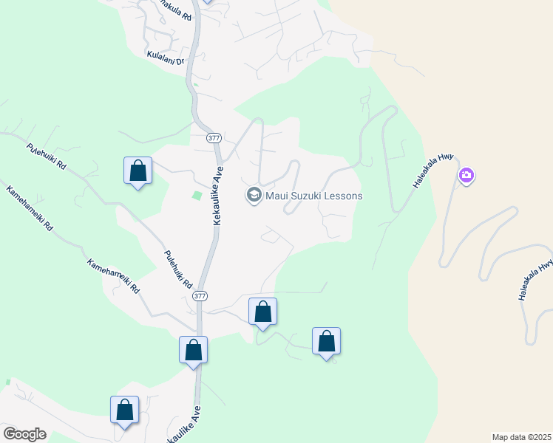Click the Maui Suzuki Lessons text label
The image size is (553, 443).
pyautogui.click(x=313, y=196)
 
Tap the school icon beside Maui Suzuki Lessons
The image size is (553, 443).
pyautogui.click(x=254, y=196)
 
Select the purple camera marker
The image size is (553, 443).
pyautogui.click(x=467, y=176)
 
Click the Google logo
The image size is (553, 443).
pyautogui.click(x=24, y=434)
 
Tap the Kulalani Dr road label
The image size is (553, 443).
pyautogui.click(x=164, y=56)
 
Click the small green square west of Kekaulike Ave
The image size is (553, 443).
pyautogui.click(x=197, y=196)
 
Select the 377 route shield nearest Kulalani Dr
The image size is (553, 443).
pyautogui.click(x=214, y=138)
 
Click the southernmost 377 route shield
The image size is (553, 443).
pyautogui.click(x=200, y=295)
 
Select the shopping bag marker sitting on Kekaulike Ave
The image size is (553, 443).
pyautogui.click(x=193, y=350)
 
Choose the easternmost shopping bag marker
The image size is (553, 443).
pyautogui.click(x=326, y=341)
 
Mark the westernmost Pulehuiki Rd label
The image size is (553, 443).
pyautogui.click(x=46, y=156)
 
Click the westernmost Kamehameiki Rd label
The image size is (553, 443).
pyautogui.click(x=30, y=209)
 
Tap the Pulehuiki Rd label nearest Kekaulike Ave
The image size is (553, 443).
pyautogui.click(x=178, y=270)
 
